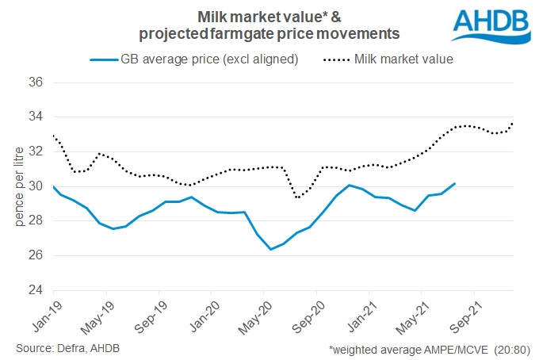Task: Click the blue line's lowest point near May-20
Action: coord(271,249)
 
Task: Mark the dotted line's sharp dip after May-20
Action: coord(297,197)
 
